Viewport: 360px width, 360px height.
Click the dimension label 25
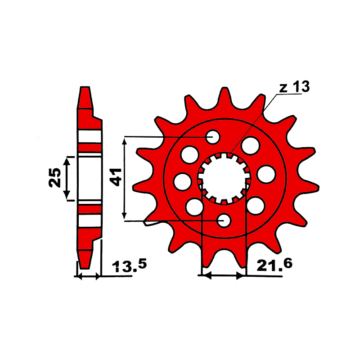[55, 178]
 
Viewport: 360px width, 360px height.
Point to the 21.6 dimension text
[274, 265]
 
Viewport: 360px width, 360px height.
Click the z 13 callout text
[295, 87]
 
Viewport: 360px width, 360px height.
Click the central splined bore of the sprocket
[224, 178]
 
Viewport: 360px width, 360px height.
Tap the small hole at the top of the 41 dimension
[213, 137]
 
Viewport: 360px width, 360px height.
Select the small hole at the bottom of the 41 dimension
[224, 220]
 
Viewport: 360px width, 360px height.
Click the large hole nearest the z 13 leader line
[251, 145]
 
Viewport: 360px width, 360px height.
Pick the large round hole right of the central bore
[266, 174]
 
